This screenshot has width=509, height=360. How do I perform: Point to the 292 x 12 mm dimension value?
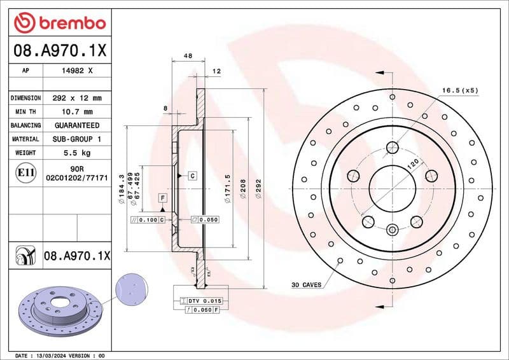(76, 98)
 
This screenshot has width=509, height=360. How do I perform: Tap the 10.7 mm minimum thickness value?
(76, 112)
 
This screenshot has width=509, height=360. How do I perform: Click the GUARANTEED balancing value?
(76, 125)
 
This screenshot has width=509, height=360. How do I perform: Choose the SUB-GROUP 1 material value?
(76, 139)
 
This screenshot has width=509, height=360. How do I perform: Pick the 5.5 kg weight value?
(76, 153)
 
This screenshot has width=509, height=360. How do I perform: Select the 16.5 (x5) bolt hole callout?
(460, 90)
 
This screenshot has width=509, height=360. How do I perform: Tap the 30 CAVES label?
(305, 284)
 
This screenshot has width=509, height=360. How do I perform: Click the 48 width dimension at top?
(188, 57)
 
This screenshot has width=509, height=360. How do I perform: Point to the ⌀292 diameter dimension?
(258, 188)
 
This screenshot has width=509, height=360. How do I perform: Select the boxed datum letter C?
(191, 174)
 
